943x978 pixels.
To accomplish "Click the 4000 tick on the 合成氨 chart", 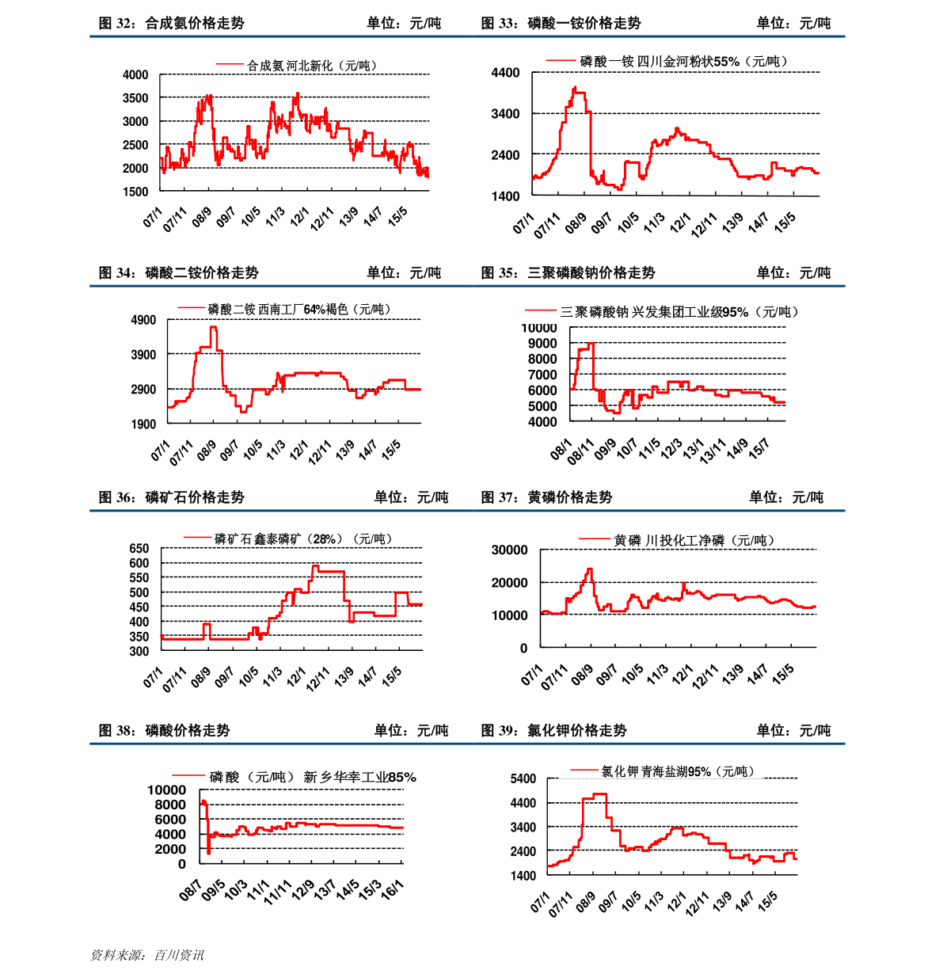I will click(x=135, y=75).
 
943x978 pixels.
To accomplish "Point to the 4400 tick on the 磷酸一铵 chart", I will click(x=505, y=73).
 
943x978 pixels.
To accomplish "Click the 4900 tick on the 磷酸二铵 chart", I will click(x=143, y=320).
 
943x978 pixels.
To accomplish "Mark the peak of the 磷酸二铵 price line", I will click(x=213, y=327).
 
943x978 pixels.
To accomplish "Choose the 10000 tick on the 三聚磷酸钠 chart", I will click(x=538, y=328).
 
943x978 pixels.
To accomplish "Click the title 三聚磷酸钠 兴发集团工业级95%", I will click(x=679, y=312).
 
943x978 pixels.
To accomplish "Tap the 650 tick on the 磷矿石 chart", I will click(x=139, y=548).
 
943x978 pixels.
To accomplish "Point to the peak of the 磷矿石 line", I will click(x=315, y=565).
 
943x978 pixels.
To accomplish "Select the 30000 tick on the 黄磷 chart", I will click(x=509, y=550).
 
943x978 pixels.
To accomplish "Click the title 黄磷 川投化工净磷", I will click(x=694, y=541).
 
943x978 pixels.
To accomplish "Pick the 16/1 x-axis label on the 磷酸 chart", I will click(x=392, y=890).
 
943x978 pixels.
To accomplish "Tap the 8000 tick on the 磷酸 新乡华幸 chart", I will click(x=170, y=805).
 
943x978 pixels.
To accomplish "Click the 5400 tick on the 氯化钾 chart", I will click(x=523, y=779).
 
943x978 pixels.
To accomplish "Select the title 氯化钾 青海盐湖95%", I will click(x=677, y=771).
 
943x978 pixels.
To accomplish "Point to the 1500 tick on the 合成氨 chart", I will click(x=135, y=192).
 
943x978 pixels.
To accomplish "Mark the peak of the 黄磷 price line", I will click(x=589, y=569).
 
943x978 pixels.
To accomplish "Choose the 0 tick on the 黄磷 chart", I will click(x=523, y=648).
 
